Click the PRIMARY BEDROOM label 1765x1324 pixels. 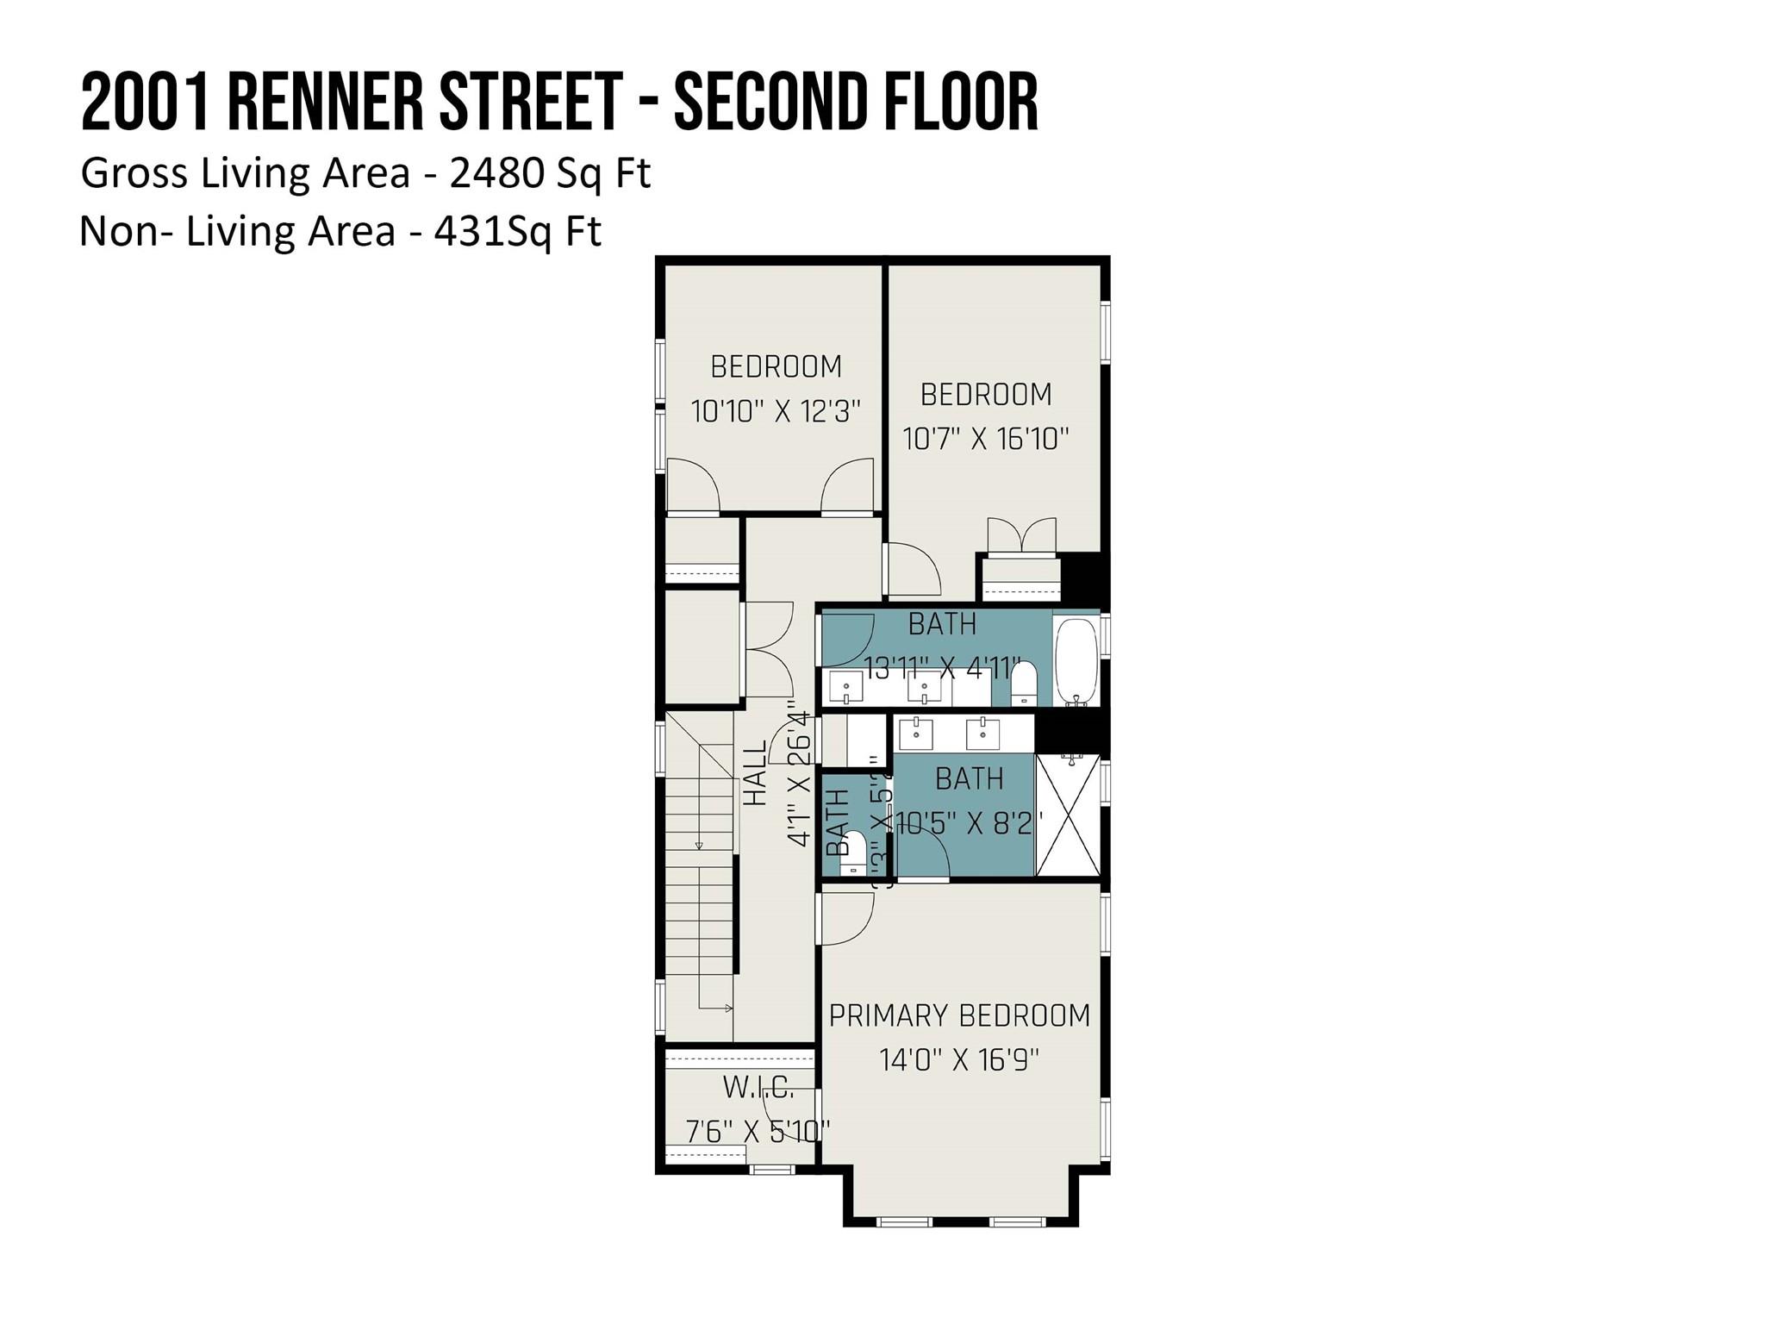click(959, 1016)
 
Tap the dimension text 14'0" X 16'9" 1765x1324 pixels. click(959, 1059)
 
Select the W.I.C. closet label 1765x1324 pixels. click(758, 1088)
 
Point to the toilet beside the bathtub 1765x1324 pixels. click(1023, 684)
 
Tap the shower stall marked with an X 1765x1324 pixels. click(1068, 815)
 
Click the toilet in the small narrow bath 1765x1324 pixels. click(852, 854)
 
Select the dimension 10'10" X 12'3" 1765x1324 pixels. click(776, 411)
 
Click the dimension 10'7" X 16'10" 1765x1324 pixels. click(985, 439)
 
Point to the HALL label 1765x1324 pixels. click(755, 774)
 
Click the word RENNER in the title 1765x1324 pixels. click(325, 103)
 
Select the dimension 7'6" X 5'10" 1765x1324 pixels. click(758, 1131)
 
